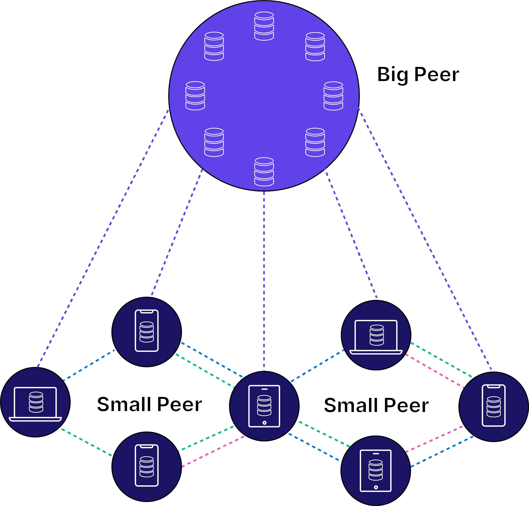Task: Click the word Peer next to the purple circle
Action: click(437, 74)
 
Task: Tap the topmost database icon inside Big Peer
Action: click(264, 26)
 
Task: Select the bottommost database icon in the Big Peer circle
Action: click(264, 172)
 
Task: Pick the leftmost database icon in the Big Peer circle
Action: click(195, 96)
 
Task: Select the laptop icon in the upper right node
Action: click(376, 337)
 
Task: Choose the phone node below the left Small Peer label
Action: click(146, 467)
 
